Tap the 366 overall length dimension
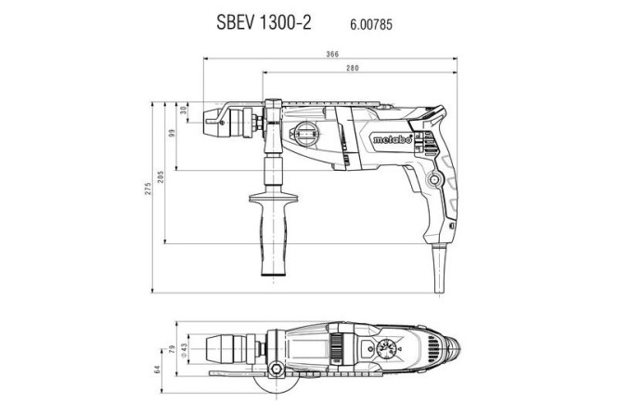coord(331,54)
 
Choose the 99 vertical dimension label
coord(172,135)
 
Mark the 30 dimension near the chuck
coord(184,110)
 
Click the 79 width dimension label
coord(174,349)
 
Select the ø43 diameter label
coord(186,348)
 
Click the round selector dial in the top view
coord(390,350)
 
